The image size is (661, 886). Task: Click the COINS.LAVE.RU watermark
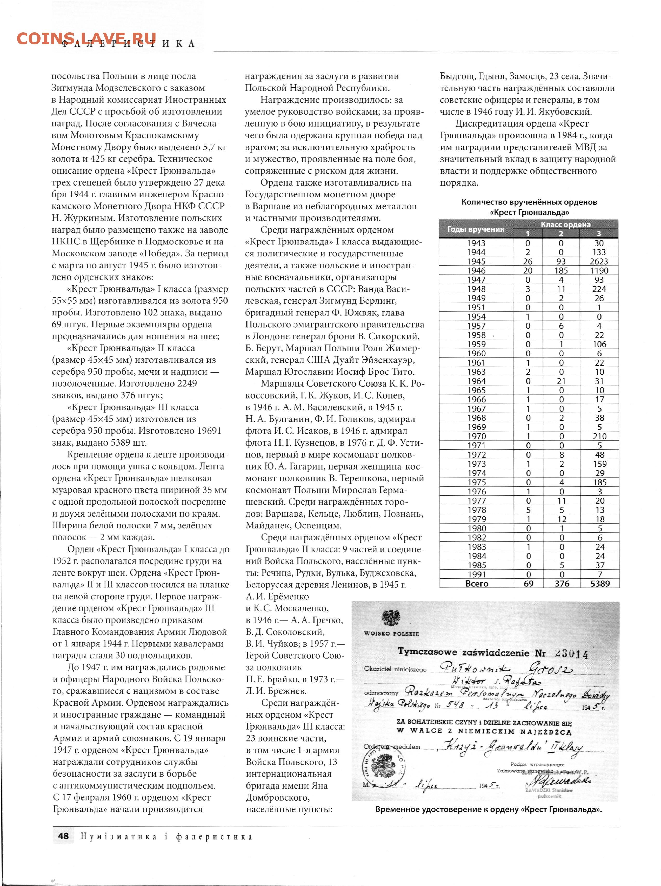tap(86, 38)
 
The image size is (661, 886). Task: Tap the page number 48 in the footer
tap(63, 836)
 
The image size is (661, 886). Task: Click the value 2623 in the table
tap(599, 261)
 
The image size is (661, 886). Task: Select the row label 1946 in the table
tap(476, 270)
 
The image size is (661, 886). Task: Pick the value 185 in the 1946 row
tap(561, 270)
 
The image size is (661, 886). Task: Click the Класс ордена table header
tap(565, 224)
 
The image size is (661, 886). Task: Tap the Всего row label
tap(477, 584)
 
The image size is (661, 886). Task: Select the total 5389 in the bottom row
tap(600, 584)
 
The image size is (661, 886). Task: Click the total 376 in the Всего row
tap(562, 584)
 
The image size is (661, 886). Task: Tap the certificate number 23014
tap(571, 654)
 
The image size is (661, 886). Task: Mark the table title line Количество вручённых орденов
tap(529, 202)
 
